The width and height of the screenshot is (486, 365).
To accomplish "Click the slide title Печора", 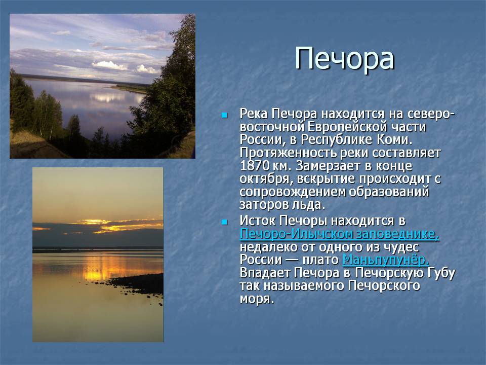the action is (344, 59).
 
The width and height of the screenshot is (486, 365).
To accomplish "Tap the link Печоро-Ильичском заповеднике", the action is (339, 234).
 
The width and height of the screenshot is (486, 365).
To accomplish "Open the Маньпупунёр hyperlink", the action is (386, 260).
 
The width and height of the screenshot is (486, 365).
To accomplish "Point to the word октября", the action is (267, 179).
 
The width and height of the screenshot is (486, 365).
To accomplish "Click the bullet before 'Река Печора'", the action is (224, 116).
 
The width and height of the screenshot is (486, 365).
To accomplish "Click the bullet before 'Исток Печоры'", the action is (224, 222).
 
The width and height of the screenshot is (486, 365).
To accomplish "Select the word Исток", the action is (258, 222).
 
